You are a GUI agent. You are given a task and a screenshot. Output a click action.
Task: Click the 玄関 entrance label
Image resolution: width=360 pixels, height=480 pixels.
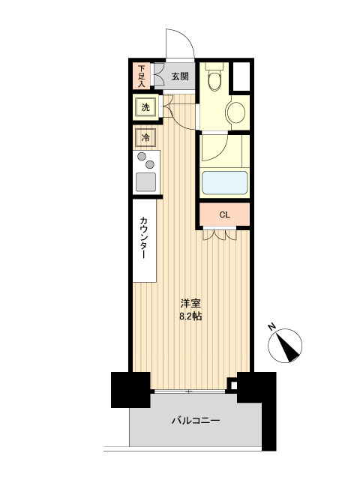(180, 76)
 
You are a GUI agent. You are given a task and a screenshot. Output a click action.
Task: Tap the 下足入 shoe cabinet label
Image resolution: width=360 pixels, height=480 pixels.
(142, 76)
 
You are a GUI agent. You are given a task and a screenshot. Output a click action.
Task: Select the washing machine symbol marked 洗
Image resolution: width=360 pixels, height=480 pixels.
(145, 107)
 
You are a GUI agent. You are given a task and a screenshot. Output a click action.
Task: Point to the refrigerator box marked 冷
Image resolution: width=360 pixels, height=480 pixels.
(145, 138)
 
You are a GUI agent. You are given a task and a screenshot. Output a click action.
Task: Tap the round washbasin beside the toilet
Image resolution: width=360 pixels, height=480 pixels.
(235, 112)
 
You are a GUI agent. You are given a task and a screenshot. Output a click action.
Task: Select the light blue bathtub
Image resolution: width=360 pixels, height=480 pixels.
(224, 183)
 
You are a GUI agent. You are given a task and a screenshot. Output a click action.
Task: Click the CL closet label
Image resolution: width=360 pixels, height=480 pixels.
(224, 214)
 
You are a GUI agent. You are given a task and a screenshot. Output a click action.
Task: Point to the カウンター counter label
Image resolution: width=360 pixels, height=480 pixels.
(143, 238)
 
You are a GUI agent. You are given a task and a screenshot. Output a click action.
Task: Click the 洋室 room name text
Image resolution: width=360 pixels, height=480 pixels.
(190, 303)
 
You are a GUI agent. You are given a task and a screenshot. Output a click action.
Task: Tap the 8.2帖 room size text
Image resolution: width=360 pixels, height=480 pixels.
(190, 316)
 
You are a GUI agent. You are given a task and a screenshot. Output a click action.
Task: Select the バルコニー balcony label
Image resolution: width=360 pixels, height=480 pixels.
(195, 420)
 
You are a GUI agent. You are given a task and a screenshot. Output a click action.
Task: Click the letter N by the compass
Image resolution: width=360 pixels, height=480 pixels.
(271, 327)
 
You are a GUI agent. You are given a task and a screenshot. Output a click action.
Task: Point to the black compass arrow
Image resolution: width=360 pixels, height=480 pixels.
(288, 347)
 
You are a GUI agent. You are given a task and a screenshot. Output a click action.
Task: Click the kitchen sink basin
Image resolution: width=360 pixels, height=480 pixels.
(145, 181)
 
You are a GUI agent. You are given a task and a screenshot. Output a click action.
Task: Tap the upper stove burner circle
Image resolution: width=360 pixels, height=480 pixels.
(142, 157)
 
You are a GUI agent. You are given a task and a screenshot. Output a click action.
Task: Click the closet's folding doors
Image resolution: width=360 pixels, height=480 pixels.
(220, 235)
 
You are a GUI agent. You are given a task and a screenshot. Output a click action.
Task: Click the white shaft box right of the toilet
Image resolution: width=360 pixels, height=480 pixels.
(241, 76)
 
